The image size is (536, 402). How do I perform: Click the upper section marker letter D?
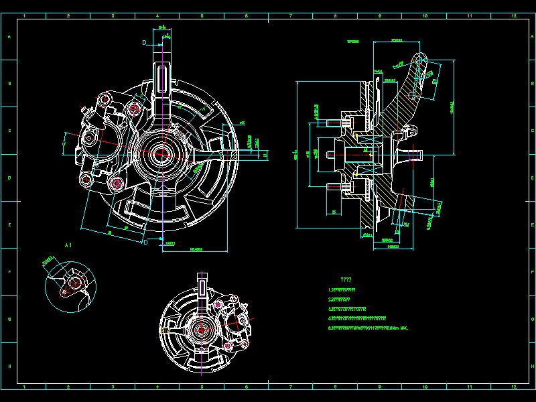click(x=144, y=42)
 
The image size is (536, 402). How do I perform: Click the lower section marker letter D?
click(x=144, y=243)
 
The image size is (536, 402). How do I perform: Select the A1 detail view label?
click(x=68, y=247)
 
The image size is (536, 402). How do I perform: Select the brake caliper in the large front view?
click(x=100, y=144)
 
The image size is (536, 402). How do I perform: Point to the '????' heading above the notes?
click(x=346, y=279)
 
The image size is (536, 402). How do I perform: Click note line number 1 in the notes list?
click(x=341, y=289)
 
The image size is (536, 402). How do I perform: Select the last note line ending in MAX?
click(x=368, y=328)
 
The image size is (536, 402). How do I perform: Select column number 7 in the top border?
click(x=291, y=14)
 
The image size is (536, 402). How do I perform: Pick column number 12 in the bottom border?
click(x=513, y=387)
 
